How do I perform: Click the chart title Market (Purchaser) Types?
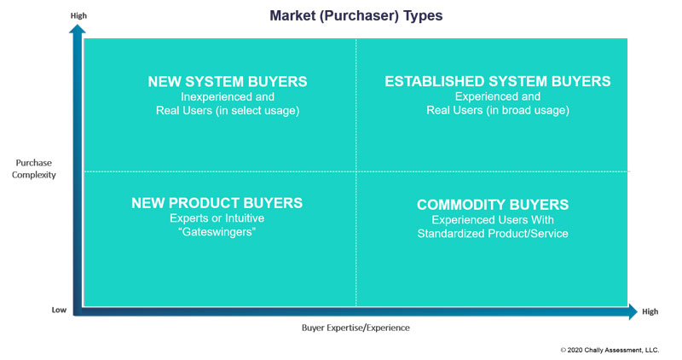(355, 15)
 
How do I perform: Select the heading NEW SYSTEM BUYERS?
(228, 81)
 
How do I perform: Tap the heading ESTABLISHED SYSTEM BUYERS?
(498, 81)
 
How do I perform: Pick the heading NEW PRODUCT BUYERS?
(217, 203)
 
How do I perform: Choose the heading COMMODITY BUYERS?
(493, 205)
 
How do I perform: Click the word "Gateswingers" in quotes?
(217, 231)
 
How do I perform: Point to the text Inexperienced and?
(228, 96)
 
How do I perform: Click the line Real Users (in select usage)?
(228, 111)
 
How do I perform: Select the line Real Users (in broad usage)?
(498, 110)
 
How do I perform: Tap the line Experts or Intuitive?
(217, 218)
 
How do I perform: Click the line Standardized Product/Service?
(493, 234)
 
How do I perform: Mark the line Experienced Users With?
(493, 220)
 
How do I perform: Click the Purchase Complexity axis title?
(34, 169)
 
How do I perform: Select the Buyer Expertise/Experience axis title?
(355, 328)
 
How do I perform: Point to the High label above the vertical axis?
(78, 15)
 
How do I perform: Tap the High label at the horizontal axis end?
(650, 311)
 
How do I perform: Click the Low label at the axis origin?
(59, 310)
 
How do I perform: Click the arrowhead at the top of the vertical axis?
(78, 29)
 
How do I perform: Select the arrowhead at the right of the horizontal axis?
(633, 311)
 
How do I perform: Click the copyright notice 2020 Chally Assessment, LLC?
(610, 350)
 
